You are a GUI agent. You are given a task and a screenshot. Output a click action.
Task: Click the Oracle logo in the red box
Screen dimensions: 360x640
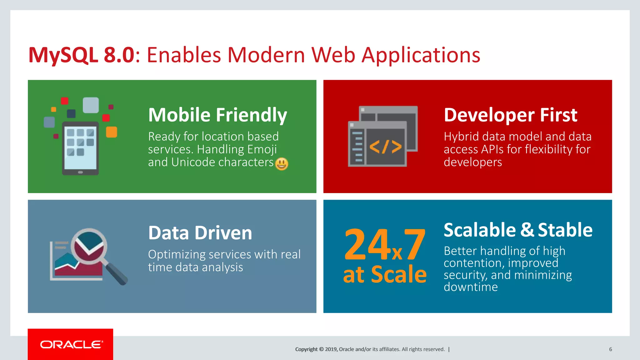click(71, 344)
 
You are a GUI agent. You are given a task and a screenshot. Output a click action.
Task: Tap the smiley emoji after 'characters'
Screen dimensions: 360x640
click(282, 164)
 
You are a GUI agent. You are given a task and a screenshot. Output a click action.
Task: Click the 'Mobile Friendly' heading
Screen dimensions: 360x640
click(217, 115)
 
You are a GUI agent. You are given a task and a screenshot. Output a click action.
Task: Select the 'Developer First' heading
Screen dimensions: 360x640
click(510, 115)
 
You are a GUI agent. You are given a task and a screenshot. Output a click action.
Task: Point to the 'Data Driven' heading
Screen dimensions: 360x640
click(200, 233)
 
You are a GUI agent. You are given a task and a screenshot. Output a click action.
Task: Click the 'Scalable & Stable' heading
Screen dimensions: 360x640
click(518, 230)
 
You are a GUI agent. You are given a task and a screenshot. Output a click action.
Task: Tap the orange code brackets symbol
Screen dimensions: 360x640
click(385, 147)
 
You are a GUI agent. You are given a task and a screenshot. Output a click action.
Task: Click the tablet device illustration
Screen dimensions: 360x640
click(81, 148)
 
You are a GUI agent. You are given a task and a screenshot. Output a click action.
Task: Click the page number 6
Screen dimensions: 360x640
click(610, 349)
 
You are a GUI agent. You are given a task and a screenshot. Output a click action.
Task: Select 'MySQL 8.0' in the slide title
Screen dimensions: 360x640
click(81, 55)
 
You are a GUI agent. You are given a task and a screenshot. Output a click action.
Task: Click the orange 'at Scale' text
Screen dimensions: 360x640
click(385, 274)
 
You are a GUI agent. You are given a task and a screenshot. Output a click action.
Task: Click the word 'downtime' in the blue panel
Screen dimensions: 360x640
click(471, 287)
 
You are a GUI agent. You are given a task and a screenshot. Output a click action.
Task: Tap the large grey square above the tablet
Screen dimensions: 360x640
click(91, 105)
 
